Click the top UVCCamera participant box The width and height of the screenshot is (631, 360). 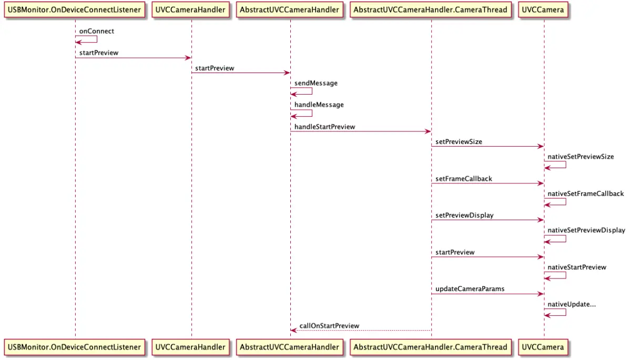[544, 10]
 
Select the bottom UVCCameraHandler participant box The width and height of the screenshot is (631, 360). [191, 347]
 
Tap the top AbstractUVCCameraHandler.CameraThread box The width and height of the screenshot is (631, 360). [431, 10]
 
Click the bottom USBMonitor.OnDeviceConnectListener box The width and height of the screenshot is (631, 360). [75, 347]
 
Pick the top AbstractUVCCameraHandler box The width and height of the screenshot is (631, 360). [290, 10]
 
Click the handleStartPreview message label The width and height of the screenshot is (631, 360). [324, 127]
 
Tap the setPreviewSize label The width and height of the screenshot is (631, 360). [459, 142]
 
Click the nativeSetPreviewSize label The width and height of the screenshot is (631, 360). [581, 157]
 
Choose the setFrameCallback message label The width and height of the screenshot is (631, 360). [464, 179]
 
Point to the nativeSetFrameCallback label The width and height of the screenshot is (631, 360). [586, 193]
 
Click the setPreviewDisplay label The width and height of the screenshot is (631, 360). [464, 215]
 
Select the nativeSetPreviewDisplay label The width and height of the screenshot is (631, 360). [586, 230]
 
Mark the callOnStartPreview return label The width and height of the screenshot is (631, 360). [329, 326]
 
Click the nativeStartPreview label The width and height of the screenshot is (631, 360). [577, 267]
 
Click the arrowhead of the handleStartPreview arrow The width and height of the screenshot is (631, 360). [428, 131]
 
